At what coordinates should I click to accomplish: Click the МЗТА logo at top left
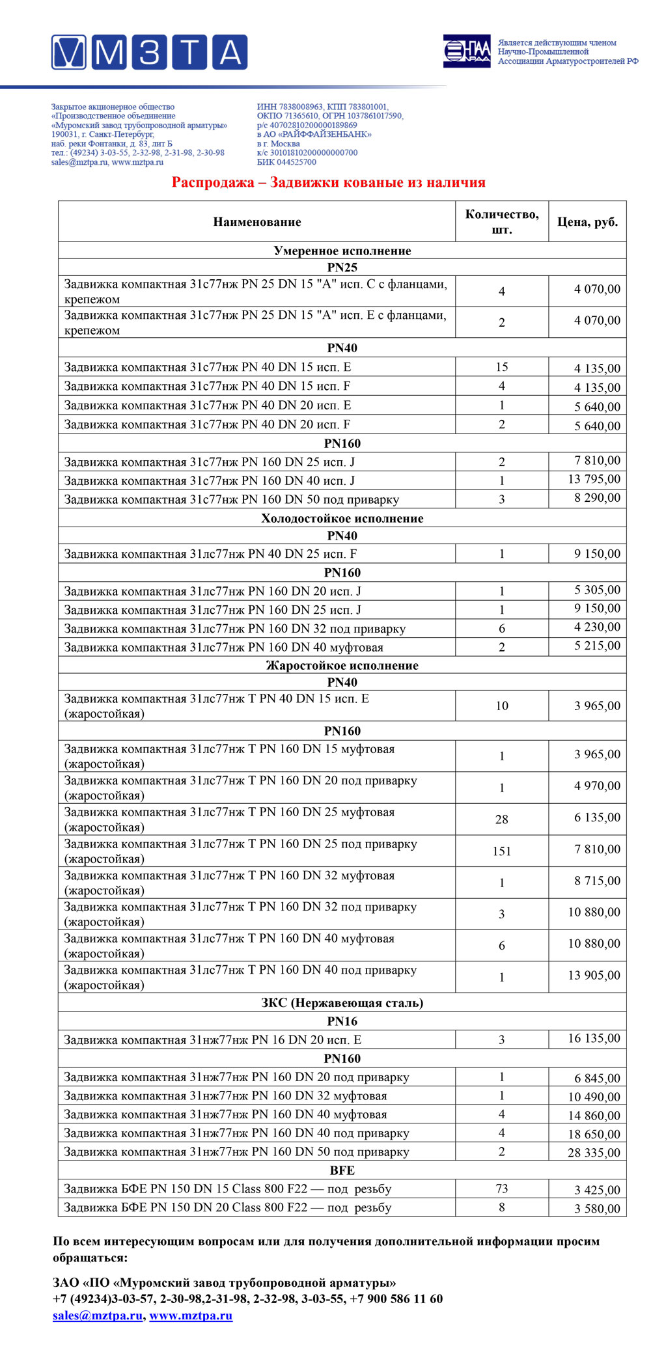click(150, 52)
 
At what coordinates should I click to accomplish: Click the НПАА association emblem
click(467, 51)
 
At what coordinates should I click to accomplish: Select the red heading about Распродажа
click(328, 182)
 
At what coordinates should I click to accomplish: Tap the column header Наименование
click(257, 222)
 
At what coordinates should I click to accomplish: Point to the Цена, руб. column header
click(587, 222)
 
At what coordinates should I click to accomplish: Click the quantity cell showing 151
click(501, 851)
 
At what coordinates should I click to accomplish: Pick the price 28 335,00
click(594, 1153)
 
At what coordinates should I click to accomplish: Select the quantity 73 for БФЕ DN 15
click(501, 1189)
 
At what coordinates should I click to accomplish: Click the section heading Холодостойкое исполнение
click(342, 519)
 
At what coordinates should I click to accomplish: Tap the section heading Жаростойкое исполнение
click(342, 665)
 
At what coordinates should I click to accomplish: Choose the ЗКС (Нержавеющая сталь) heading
click(342, 1002)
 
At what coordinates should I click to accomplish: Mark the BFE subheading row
click(342, 1170)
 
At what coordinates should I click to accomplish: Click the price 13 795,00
click(594, 480)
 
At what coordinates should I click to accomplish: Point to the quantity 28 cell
click(501, 819)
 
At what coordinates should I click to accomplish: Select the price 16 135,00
click(594, 1038)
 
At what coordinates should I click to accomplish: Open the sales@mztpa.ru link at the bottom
click(98, 1315)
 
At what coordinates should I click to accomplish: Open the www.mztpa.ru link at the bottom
click(191, 1315)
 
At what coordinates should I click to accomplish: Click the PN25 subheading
click(342, 268)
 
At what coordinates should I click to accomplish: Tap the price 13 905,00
click(594, 975)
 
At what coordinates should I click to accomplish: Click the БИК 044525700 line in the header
click(286, 162)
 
